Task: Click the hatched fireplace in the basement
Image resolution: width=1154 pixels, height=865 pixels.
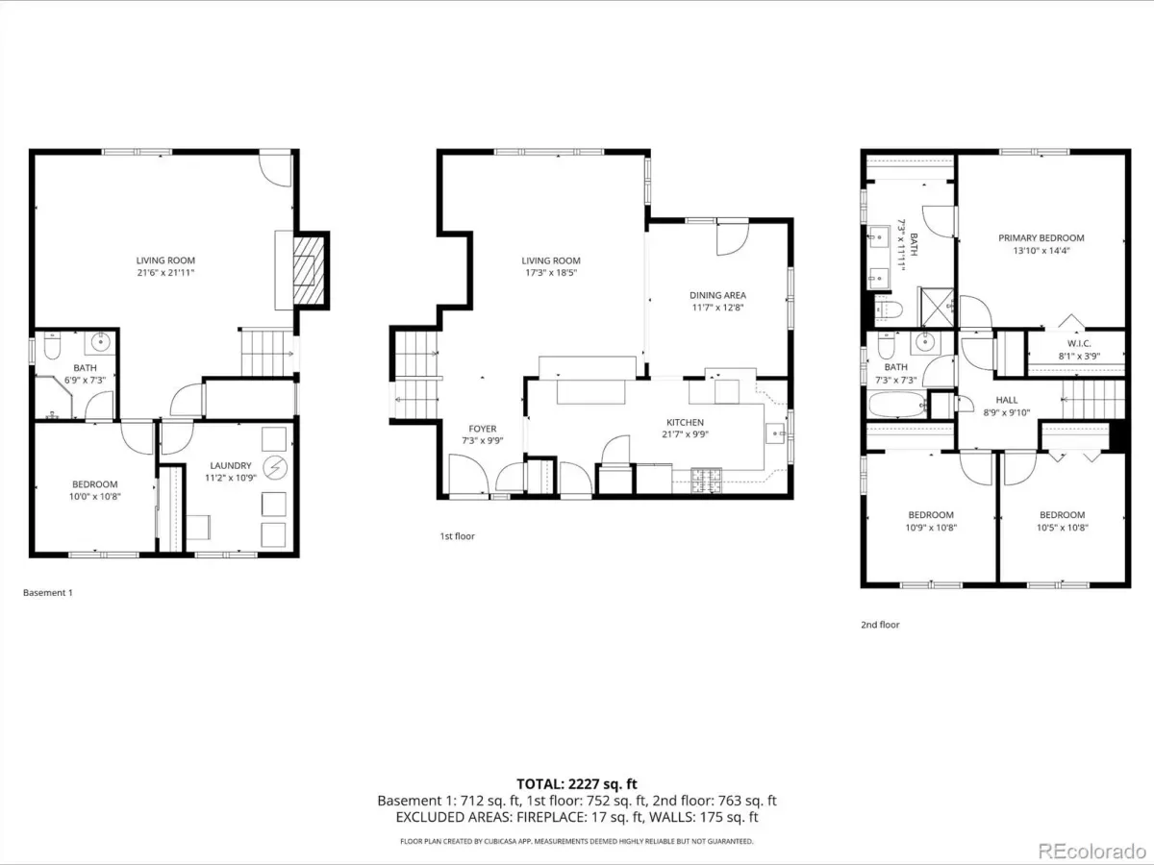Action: tap(309, 270)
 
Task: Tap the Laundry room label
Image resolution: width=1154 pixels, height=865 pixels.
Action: tap(231, 465)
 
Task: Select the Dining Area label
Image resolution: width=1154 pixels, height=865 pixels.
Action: tap(717, 295)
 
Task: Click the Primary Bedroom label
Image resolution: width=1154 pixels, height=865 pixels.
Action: tap(1041, 238)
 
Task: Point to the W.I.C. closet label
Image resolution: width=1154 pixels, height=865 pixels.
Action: tap(1079, 343)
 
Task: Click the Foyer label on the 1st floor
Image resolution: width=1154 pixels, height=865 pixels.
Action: tap(482, 429)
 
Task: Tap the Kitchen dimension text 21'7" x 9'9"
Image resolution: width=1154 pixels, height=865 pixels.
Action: tap(685, 434)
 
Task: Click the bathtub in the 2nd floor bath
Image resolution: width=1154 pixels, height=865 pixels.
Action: tap(897, 405)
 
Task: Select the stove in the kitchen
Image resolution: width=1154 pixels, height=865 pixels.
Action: tap(706, 480)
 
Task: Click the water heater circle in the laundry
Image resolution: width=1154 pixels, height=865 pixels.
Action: tap(275, 468)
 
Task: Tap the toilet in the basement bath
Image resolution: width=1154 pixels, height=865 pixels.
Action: tap(52, 345)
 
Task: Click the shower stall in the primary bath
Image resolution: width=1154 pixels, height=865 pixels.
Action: tap(937, 307)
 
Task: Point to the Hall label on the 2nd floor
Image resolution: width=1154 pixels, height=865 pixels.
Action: tap(1006, 400)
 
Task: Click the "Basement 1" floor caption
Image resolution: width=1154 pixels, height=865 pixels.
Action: tap(48, 592)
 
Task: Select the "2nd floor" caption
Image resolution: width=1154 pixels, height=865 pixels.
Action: tap(880, 625)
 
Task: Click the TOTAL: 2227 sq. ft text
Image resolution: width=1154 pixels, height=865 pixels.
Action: tap(577, 784)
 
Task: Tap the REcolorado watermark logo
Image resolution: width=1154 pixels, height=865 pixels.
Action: tap(1091, 850)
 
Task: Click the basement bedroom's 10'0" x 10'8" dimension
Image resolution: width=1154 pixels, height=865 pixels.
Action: tap(95, 496)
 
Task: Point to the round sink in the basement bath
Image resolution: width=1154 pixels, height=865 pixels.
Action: tap(100, 342)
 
